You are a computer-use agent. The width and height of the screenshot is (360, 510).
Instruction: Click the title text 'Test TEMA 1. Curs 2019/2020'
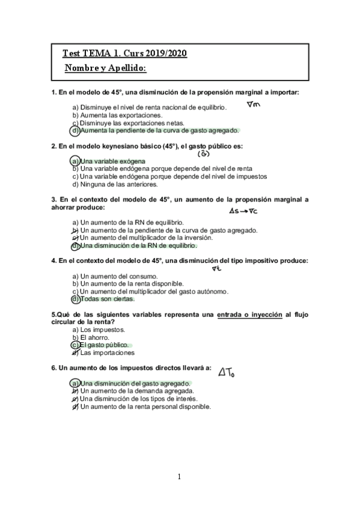click(124, 54)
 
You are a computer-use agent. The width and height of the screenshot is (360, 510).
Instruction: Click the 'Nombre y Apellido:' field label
click(105, 69)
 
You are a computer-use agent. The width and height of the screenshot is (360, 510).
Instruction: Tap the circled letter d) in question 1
click(75, 130)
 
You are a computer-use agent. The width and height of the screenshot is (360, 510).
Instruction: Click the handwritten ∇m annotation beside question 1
click(253, 106)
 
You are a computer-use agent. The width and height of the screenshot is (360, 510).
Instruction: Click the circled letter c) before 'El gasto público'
click(75, 345)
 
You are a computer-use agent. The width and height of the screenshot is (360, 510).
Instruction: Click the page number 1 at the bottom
click(179, 477)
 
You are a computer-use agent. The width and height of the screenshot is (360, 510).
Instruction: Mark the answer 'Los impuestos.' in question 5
click(102, 330)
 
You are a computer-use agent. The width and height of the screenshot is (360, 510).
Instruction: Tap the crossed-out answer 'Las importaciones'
click(108, 353)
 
